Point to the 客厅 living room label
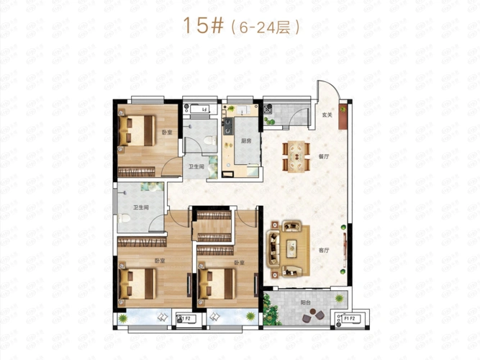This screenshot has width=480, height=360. [x=322, y=251]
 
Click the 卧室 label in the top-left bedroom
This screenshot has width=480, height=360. [x=167, y=132]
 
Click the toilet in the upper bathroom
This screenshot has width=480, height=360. [x=209, y=139]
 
